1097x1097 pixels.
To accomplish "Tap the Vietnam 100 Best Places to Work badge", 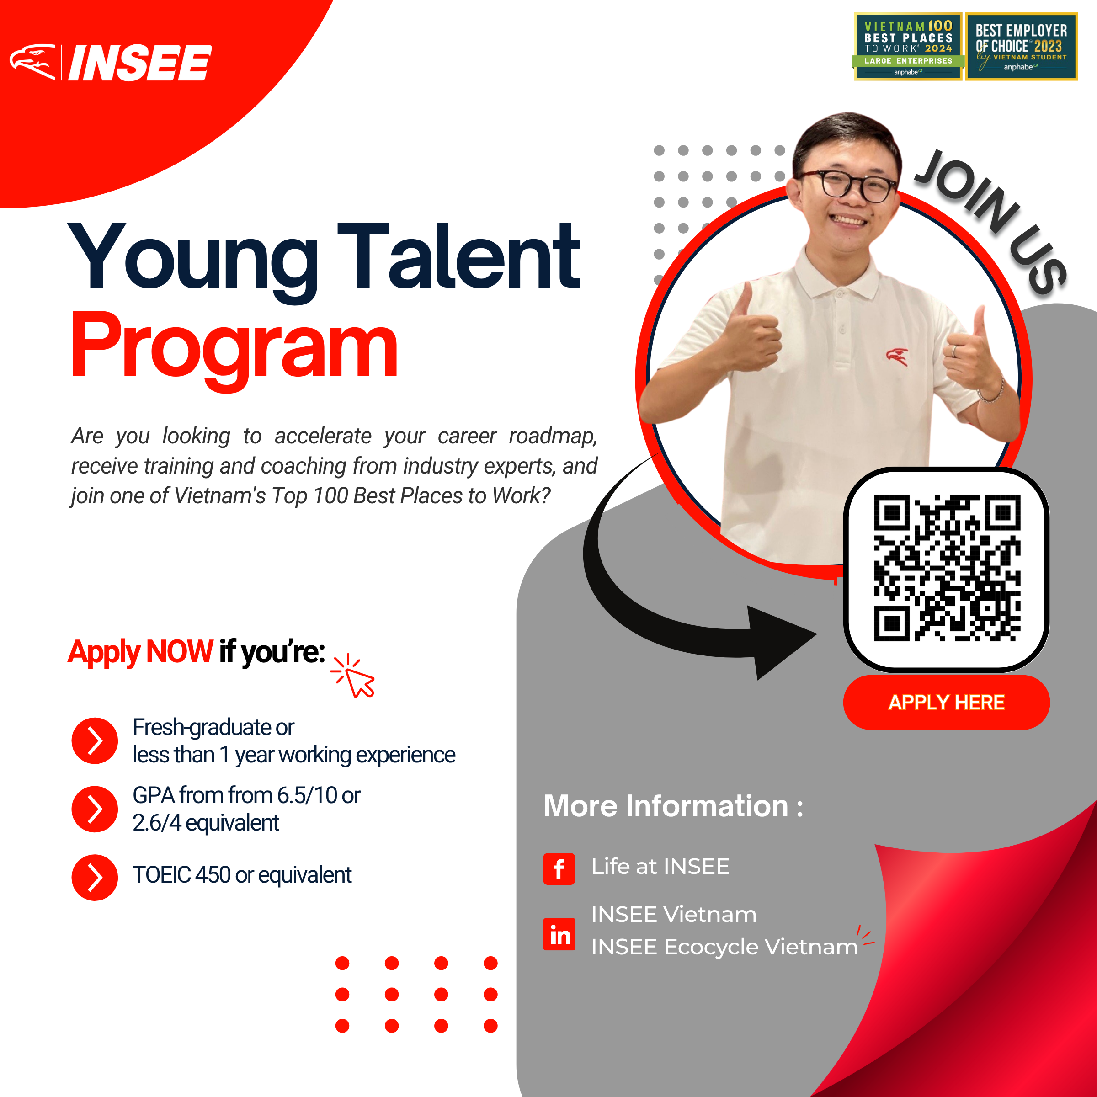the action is (x=907, y=47).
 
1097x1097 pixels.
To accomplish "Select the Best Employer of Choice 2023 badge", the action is (x=1021, y=47).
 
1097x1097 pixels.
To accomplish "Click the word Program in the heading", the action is (x=234, y=348).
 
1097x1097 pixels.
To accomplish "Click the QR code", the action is (x=947, y=568).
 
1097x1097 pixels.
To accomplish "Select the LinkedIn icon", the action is (x=559, y=934).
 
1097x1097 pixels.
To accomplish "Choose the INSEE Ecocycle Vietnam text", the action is (x=724, y=947).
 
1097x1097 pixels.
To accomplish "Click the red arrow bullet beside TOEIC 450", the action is (x=95, y=877).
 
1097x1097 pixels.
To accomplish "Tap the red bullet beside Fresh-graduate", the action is (x=95, y=740).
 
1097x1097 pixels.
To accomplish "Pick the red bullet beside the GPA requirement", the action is (x=95, y=809).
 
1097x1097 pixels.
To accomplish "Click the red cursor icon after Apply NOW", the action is (x=353, y=676).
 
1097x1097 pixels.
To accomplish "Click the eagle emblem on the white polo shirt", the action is (x=897, y=357).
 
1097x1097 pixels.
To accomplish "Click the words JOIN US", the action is (x=991, y=221).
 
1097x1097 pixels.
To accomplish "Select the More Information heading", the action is (x=673, y=806).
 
